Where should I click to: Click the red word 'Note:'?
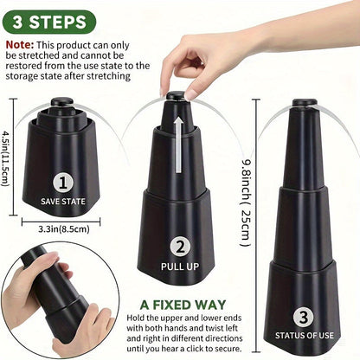pyautogui.click(x=19, y=42)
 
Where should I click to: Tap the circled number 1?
pyautogui.click(x=62, y=182)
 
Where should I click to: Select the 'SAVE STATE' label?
pyautogui.click(x=62, y=201)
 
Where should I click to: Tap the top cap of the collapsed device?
pyautogui.click(x=62, y=105)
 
